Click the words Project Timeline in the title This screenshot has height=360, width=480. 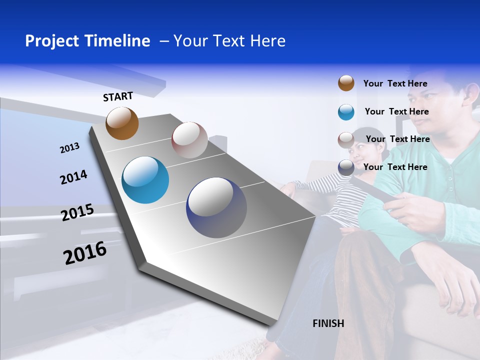(x=87, y=41)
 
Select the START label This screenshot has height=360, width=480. (x=118, y=96)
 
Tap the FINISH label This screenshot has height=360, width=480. (x=328, y=323)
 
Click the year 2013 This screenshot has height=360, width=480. (x=69, y=148)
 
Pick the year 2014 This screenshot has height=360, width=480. (x=73, y=177)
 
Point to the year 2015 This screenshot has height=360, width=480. (x=77, y=212)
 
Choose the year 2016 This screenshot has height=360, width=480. (x=85, y=253)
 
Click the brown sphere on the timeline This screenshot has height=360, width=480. (x=122, y=123)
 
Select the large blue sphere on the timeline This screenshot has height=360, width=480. (x=145, y=180)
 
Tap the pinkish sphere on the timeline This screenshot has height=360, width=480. (x=189, y=140)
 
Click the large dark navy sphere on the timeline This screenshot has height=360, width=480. (x=216, y=207)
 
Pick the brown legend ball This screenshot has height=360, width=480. (x=346, y=83)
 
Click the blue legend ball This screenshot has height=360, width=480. (x=346, y=112)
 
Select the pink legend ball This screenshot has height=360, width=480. (x=346, y=139)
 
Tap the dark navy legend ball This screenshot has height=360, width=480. (x=346, y=167)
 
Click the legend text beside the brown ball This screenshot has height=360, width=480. (x=395, y=83)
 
